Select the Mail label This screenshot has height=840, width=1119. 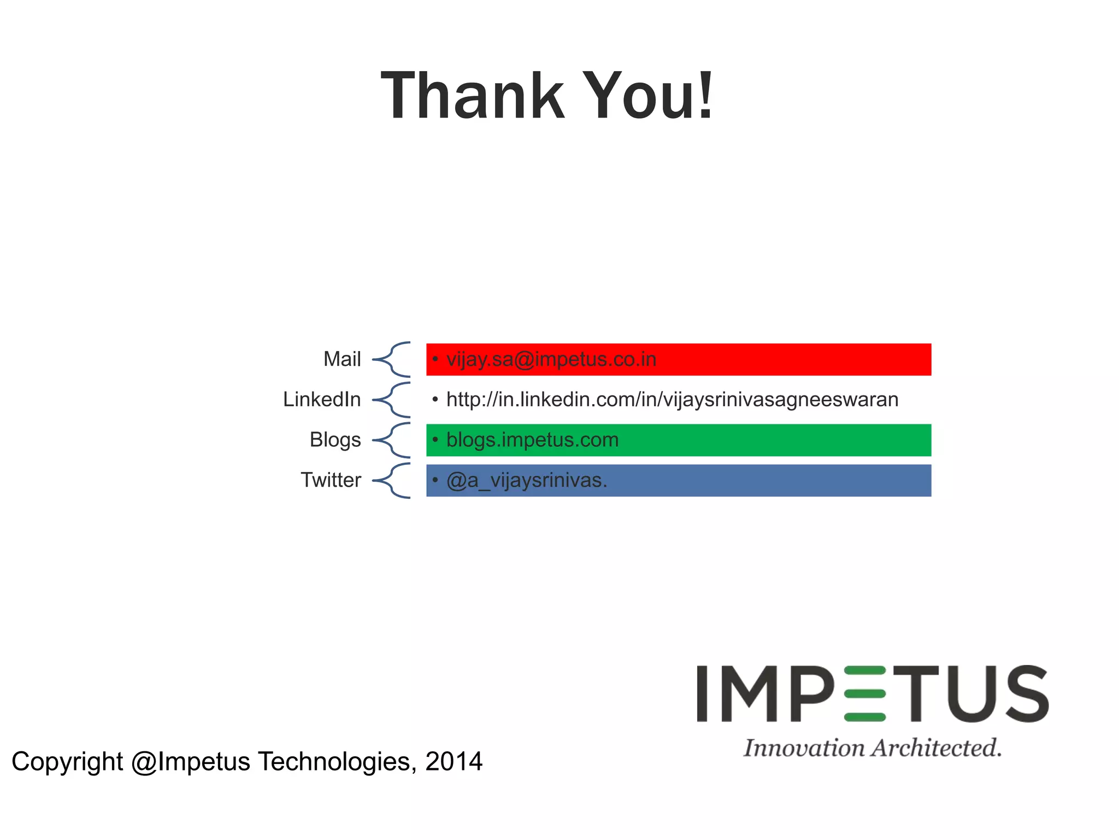click(342, 359)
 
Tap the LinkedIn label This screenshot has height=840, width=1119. click(322, 399)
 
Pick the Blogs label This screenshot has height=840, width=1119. click(335, 440)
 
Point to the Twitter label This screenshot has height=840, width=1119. click(331, 480)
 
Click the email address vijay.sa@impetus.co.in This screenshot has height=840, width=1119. click(551, 359)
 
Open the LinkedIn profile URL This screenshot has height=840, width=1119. click(672, 399)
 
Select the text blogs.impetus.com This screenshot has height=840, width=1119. click(532, 440)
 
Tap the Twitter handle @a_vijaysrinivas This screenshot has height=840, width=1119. click(526, 480)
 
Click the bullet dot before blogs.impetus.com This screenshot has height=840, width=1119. click(435, 439)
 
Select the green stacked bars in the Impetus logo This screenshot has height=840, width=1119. click(864, 693)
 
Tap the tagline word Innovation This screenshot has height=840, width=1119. click(804, 748)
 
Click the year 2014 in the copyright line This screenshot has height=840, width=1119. click(454, 761)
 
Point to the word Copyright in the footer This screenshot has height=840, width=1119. click(67, 762)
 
